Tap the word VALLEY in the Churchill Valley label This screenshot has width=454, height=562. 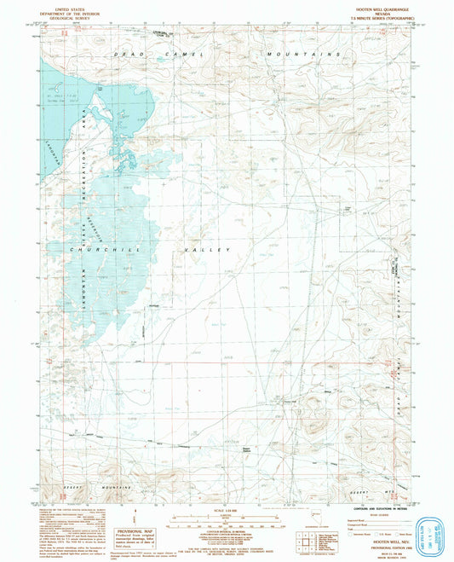click(204, 250)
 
